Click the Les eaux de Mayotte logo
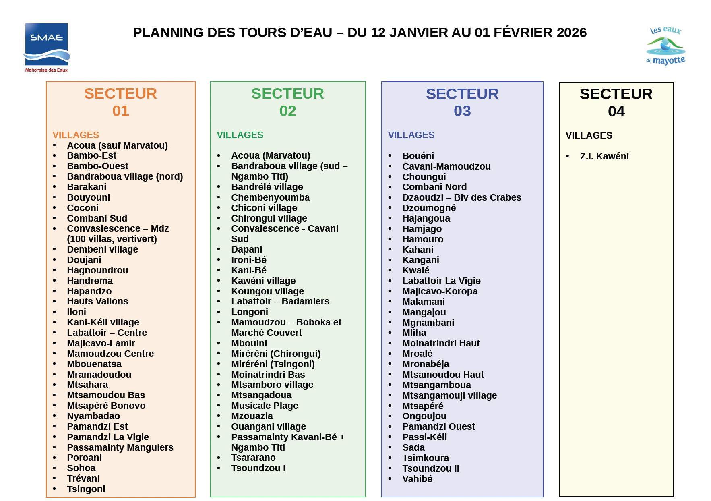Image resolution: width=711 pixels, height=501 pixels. click(666, 46)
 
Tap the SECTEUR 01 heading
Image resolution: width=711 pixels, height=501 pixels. click(120, 102)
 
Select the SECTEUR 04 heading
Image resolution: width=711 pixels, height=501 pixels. click(616, 102)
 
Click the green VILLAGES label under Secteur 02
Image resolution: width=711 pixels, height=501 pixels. click(240, 135)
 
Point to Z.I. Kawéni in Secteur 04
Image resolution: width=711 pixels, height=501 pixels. click(604, 156)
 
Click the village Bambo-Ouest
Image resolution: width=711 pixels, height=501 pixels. click(97, 166)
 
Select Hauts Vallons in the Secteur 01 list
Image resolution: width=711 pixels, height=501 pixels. click(97, 301)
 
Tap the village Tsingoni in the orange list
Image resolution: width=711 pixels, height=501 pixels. click(86, 489)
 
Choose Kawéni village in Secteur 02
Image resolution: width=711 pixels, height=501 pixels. click(263, 281)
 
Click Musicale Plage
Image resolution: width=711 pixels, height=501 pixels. click(265, 406)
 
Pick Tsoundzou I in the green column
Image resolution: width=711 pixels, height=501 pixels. click(258, 468)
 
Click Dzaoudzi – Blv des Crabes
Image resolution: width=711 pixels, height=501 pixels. click(461, 197)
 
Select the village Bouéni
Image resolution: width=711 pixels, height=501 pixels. click(418, 156)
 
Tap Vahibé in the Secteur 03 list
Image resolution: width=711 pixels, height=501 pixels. click(417, 479)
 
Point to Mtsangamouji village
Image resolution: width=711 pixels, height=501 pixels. click(449, 395)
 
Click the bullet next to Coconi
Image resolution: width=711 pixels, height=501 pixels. click(54, 208)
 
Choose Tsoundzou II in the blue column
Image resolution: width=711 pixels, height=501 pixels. click(430, 468)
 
